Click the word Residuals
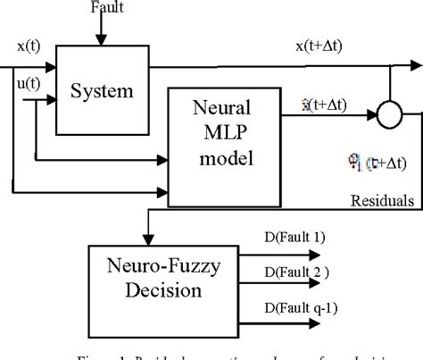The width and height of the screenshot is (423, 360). (x=381, y=202)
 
